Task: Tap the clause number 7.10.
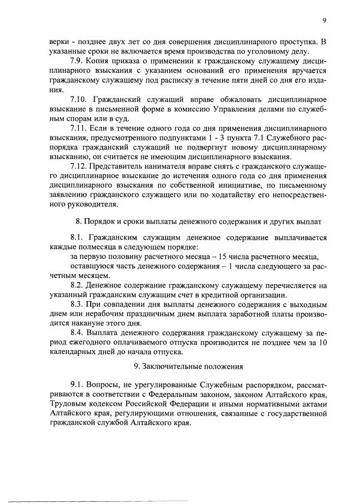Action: click(78, 98)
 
